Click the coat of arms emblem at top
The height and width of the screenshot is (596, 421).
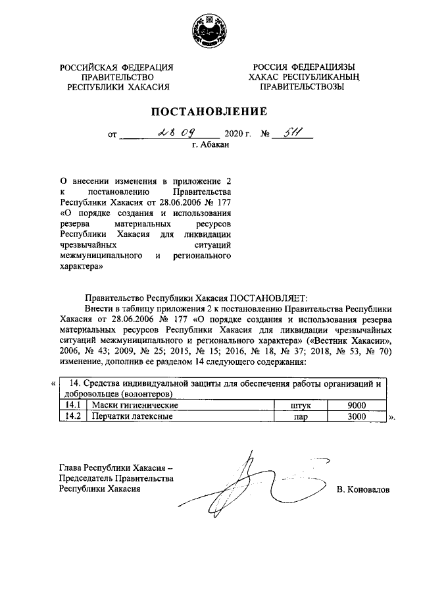tap(210, 31)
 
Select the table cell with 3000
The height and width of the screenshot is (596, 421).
tap(355, 417)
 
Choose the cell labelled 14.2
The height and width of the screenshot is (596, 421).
tap(74, 417)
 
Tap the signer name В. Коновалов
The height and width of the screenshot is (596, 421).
tap(362, 490)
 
